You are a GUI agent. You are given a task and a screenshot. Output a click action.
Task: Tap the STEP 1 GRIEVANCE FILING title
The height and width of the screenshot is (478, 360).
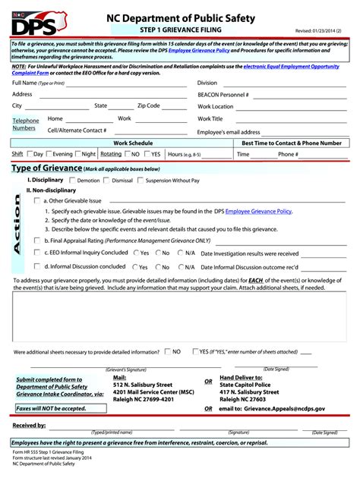[180, 30]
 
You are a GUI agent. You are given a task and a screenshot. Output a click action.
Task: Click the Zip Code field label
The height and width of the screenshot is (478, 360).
[148, 106]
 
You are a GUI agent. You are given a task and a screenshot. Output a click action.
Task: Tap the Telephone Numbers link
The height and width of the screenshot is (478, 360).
[25, 124]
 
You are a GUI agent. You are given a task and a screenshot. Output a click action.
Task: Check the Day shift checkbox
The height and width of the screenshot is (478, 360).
[30, 154]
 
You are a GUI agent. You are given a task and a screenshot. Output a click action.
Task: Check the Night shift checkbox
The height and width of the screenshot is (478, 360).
[77, 154]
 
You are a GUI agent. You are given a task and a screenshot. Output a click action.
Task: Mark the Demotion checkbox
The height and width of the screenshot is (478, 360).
[72, 181]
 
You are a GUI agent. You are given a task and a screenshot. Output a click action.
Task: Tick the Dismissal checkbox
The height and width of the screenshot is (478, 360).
[106, 181]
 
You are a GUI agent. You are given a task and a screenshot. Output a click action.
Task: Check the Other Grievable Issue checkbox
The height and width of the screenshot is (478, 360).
[38, 200]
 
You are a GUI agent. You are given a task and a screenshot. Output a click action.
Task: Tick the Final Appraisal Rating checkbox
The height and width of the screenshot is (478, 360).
[38, 239]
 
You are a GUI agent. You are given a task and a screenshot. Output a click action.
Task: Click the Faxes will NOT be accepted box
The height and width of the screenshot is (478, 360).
[54, 408]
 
